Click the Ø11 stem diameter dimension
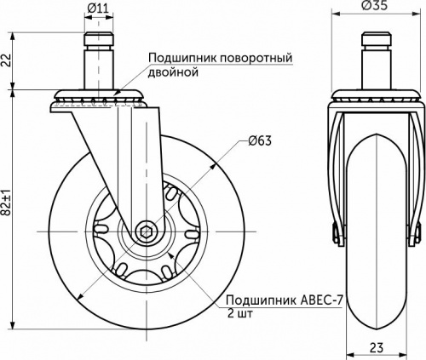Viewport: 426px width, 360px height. pos(99,9)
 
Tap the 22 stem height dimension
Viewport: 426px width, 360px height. pos(7,60)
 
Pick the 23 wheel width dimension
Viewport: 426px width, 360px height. pos(375,347)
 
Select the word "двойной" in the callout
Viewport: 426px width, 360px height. pos(173,73)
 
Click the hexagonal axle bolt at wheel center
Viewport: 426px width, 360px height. pos(147,231)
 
